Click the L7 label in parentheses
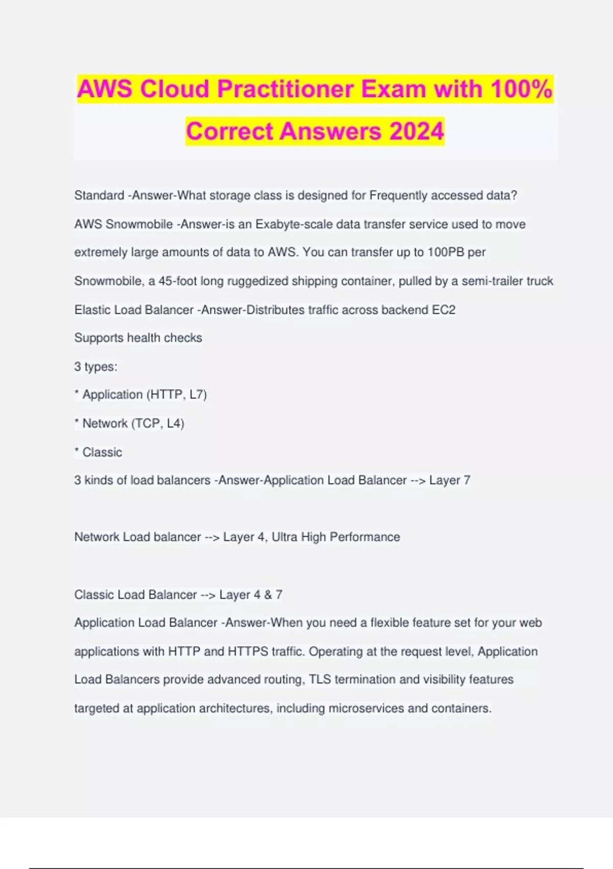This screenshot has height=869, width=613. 197,395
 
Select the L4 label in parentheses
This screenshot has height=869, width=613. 175,423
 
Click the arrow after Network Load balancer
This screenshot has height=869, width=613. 212,537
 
